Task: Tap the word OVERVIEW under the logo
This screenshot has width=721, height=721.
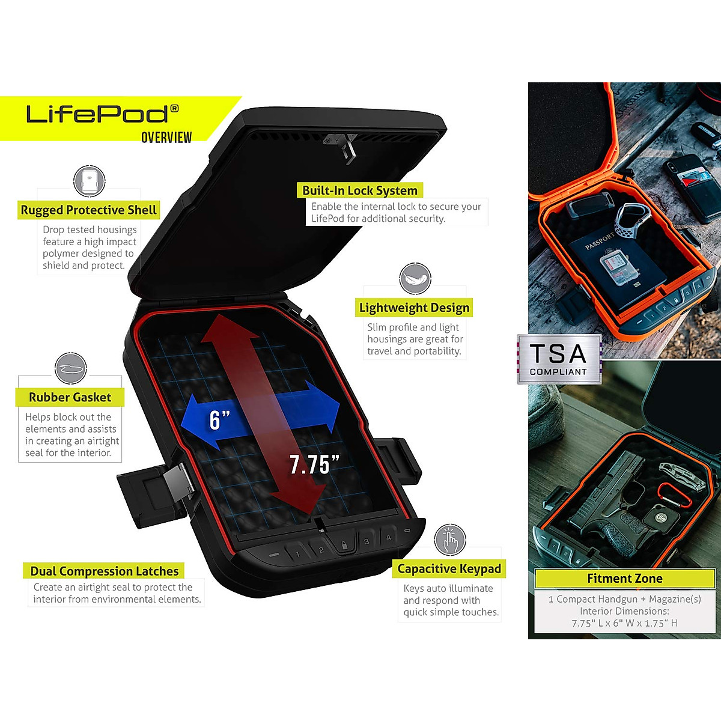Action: pyautogui.click(x=166, y=138)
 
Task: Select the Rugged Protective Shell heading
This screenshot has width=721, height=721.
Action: pyautogui.click(x=88, y=210)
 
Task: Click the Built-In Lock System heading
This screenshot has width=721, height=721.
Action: pyautogui.click(x=359, y=190)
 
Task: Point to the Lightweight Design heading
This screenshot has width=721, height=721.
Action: pyautogui.click(x=414, y=308)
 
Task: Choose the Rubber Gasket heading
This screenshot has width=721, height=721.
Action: pyautogui.click(x=70, y=397)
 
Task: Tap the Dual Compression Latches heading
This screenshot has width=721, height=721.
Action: pyautogui.click(x=104, y=571)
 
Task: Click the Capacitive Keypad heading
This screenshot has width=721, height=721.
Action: pyautogui.click(x=449, y=568)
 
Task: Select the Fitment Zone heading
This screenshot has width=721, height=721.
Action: pyautogui.click(x=624, y=579)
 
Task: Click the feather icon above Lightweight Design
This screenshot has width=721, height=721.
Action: pyautogui.click(x=415, y=279)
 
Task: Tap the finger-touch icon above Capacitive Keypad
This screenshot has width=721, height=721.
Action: pyautogui.click(x=450, y=540)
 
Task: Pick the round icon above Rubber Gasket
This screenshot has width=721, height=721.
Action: pyautogui.click(x=71, y=368)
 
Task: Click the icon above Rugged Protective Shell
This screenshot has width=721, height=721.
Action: pyautogui.click(x=90, y=181)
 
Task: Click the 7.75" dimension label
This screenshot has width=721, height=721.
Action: pyautogui.click(x=314, y=464)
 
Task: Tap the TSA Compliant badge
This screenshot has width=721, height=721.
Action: pyautogui.click(x=559, y=359)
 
